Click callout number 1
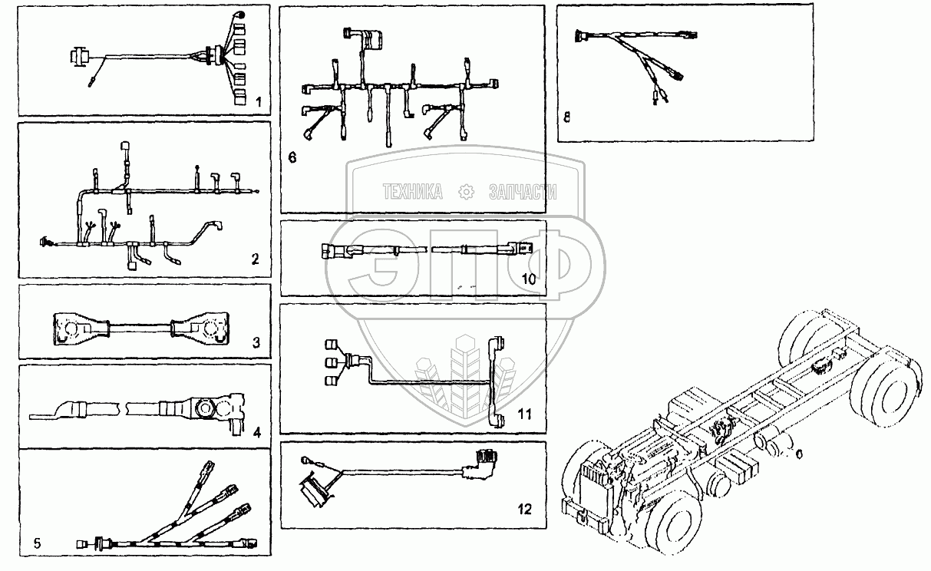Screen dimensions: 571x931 click(x=259, y=101)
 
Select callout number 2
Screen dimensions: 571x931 click(x=256, y=259)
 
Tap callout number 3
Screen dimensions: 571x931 click(x=256, y=342)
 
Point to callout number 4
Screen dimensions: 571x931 click(x=257, y=431)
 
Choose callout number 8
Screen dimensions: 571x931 click(x=566, y=117)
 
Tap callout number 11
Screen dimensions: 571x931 click(x=524, y=414)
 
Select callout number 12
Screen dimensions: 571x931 click(x=523, y=507)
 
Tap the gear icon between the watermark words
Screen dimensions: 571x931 click(x=465, y=192)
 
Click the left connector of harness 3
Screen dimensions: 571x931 click(x=75, y=328)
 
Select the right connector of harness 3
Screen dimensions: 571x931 click(x=202, y=328)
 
